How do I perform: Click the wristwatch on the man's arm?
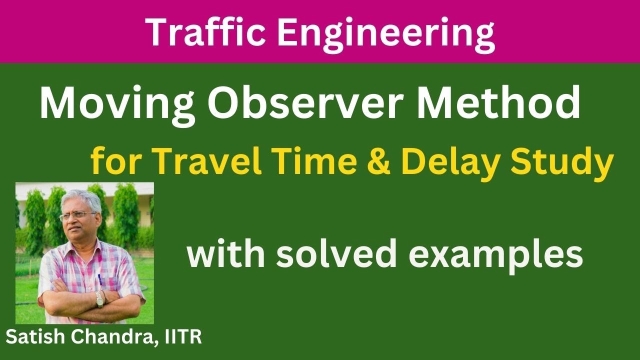click(x=100, y=299)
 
